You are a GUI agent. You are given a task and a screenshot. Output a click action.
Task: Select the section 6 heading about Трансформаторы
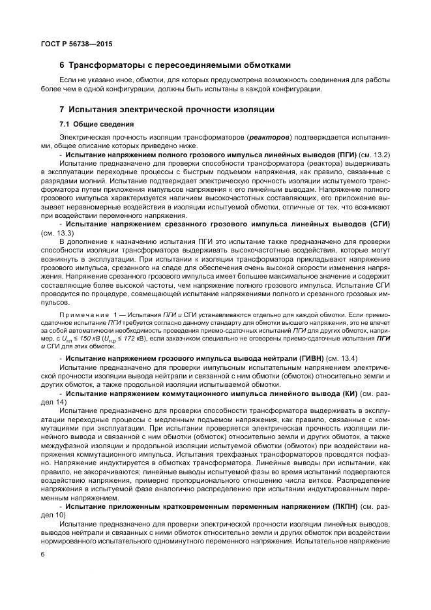[174, 65]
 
